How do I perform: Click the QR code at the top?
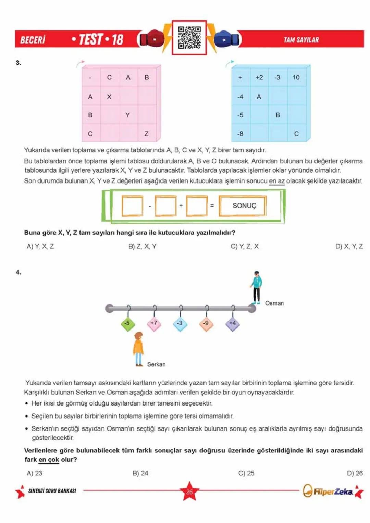(x=189, y=37)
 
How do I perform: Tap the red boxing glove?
(x=152, y=39)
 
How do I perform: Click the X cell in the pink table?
(x=109, y=97)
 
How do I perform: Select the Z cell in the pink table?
(x=146, y=134)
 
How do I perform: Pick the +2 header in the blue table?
(x=259, y=77)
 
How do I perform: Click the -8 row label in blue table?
(x=240, y=134)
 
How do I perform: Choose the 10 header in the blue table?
(x=296, y=77)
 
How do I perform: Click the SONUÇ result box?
(x=244, y=206)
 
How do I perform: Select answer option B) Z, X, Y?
(x=142, y=246)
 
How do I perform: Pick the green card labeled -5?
(x=127, y=323)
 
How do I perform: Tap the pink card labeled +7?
(x=154, y=323)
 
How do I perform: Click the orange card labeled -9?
(x=206, y=323)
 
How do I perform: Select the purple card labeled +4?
(x=233, y=323)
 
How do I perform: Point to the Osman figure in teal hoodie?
(x=256, y=287)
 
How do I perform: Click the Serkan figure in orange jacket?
(x=138, y=349)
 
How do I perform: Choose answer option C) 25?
(x=246, y=473)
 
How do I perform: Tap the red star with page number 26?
(x=189, y=491)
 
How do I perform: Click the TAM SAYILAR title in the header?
(x=301, y=40)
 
